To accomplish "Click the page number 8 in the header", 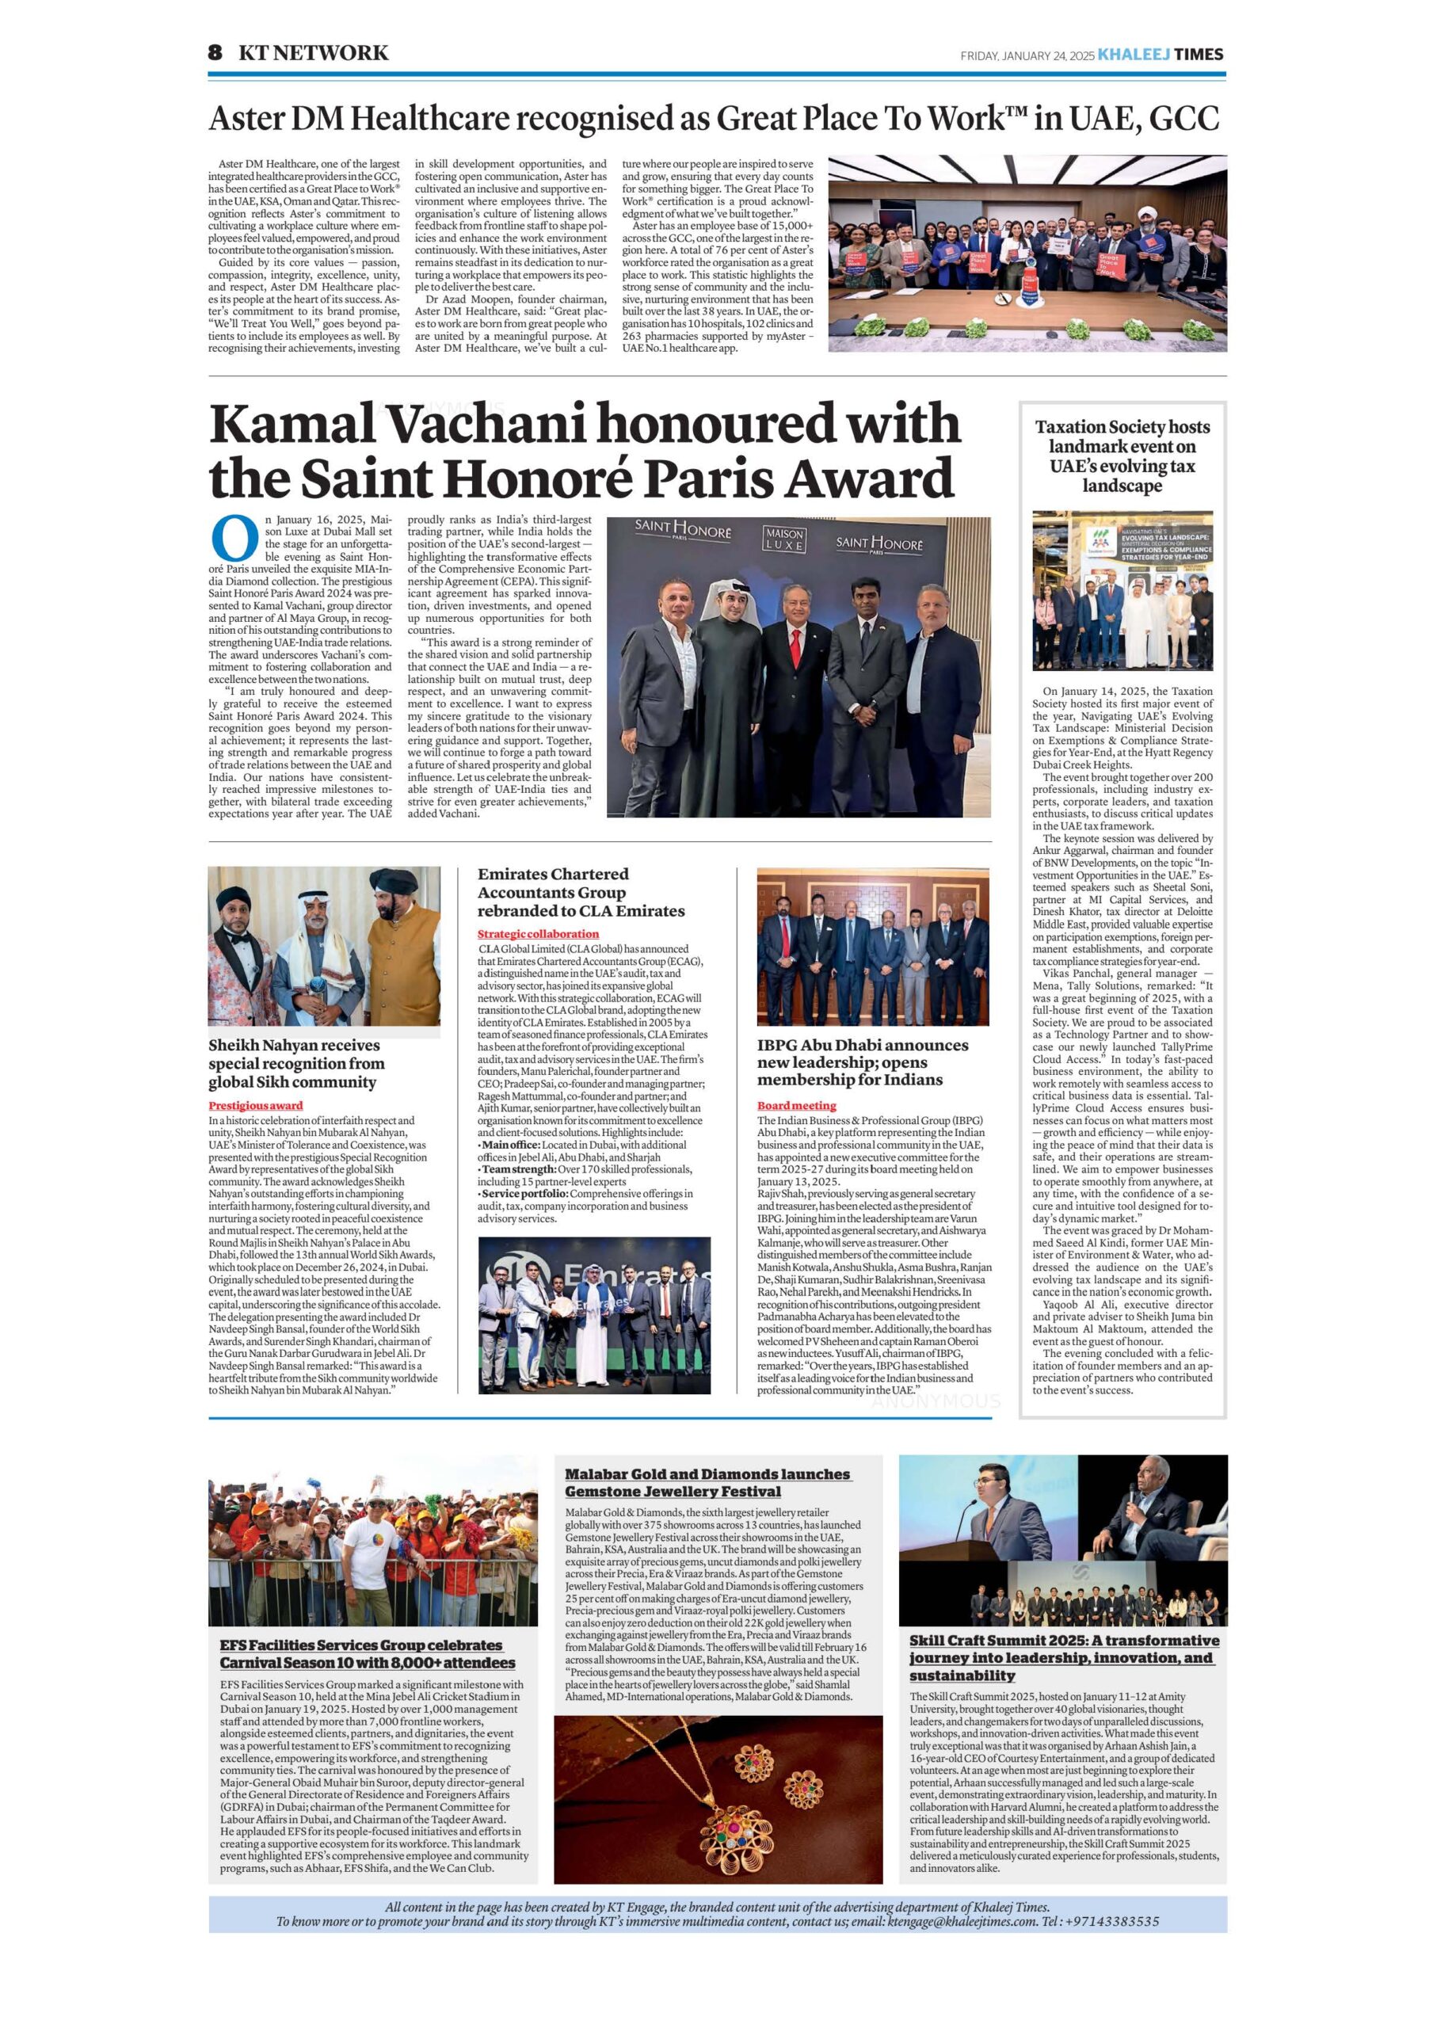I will point(215,53).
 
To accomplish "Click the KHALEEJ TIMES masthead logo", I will point(1160,55).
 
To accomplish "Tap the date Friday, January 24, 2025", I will point(1027,55).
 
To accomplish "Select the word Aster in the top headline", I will point(242,120).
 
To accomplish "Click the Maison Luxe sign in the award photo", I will point(783,540).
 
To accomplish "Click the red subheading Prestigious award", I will point(255,1105).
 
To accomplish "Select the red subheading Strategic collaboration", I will point(538,934).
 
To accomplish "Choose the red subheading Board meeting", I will point(796,1105).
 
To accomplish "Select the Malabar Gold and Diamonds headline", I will point(707,1482).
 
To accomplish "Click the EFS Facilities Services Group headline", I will point(367,1653).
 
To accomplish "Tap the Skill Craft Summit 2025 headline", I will point(1064,1658).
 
